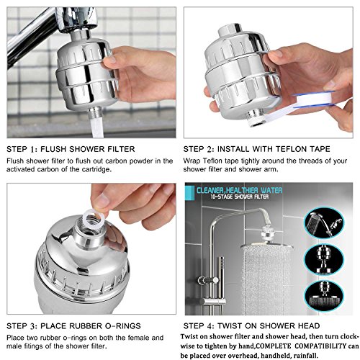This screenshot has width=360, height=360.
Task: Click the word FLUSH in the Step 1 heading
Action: point(53,149)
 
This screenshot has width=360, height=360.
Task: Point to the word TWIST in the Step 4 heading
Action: point(229,326)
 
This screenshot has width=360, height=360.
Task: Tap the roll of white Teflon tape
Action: point(315,99)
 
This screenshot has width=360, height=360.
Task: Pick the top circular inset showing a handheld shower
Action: point(323,223)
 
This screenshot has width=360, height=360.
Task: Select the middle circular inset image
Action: point(323,259)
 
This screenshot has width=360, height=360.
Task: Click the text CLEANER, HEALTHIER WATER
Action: point(239,191)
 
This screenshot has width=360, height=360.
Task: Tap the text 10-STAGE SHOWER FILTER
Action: point(240,197)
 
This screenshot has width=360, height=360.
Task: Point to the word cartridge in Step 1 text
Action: point(96,169)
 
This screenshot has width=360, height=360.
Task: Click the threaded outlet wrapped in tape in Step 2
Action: point(256,118)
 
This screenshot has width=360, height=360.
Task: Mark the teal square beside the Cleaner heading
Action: point(189,193)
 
